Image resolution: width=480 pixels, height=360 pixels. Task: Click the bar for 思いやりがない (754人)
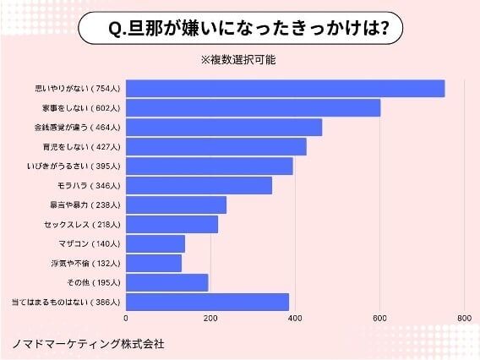[x=285, y=88]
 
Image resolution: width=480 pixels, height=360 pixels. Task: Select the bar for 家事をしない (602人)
[x=253, y=108]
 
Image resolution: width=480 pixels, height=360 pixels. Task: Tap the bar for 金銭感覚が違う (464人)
[x=224, y=128]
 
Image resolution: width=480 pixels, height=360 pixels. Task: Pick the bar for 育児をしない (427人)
[x=215, y=147]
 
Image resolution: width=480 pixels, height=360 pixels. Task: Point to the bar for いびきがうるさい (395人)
[x=209, y=166]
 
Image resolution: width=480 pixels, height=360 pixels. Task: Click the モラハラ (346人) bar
[x=199, y=185]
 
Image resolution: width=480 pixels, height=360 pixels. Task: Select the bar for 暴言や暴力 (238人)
[x=176, y=205]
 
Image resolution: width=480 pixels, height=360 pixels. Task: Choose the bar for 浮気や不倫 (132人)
[x=154, y=263]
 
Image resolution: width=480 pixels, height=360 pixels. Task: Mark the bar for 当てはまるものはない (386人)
[x=207, y=302]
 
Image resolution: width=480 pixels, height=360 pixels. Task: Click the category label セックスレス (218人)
[x=83, y=225]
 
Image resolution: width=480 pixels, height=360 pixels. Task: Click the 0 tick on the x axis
[x=126, y=319]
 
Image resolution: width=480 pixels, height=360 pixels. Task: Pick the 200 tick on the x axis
[x=210, y=319]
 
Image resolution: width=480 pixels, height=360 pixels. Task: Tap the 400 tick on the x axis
[x=295, y=319]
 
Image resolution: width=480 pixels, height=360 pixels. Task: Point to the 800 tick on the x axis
[x=464, y=319]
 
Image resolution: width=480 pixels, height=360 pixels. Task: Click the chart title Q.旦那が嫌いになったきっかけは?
[x=239, y=30]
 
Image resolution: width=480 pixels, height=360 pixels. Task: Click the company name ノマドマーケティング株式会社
[x=88, y=344]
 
